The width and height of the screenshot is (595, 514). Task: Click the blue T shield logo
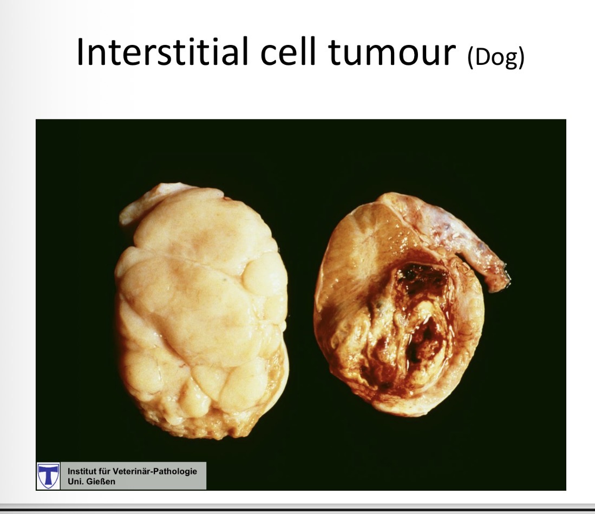(x=49, y=476)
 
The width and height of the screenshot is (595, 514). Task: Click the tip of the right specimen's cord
(x=501, y=279)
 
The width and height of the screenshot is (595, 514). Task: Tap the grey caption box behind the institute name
(x=184, y=482)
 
